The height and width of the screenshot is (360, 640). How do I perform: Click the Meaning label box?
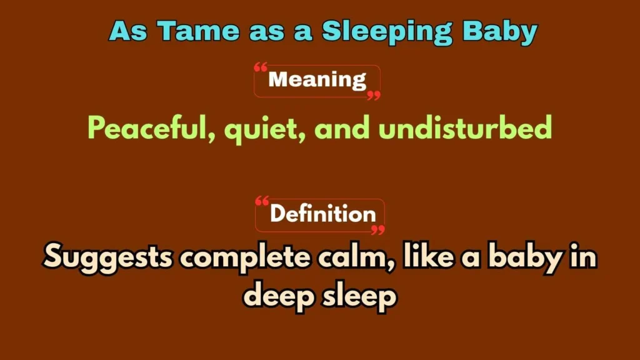click(x=317, y=81)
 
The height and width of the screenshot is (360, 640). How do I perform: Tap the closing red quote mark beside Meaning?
click(x=373, y=96)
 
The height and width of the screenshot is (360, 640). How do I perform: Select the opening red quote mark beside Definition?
click(x=262, y=201)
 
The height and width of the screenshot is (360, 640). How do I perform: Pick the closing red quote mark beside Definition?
click(x=377, y=230)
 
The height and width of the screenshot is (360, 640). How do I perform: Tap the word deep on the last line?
click(x=278, y=296)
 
